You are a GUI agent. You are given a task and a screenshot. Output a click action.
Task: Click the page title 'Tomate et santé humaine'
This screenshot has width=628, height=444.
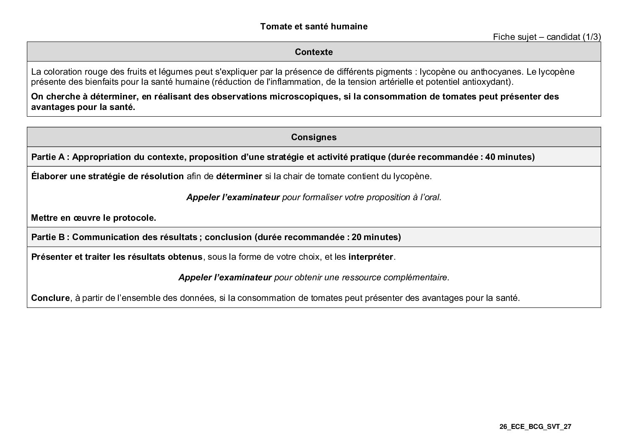click(x=313, y=26)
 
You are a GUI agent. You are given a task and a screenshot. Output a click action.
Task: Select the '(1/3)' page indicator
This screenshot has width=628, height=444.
click(x=592, y=37)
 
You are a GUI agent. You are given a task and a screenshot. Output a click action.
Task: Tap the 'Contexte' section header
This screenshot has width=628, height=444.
click(x=313, y=52)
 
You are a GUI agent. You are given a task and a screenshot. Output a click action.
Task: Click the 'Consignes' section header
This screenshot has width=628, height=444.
click(x=313, y=137)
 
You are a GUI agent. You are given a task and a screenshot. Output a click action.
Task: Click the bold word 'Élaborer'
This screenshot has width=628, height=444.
click(x=50, y=176)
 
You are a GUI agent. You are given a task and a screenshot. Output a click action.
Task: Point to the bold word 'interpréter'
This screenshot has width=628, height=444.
click(x=370, y=257)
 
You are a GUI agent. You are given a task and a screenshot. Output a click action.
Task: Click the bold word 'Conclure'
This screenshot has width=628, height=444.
click(x=50, y=298)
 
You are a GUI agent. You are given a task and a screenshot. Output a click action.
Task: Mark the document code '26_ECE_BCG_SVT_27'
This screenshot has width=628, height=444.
click(x=535, y=427)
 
